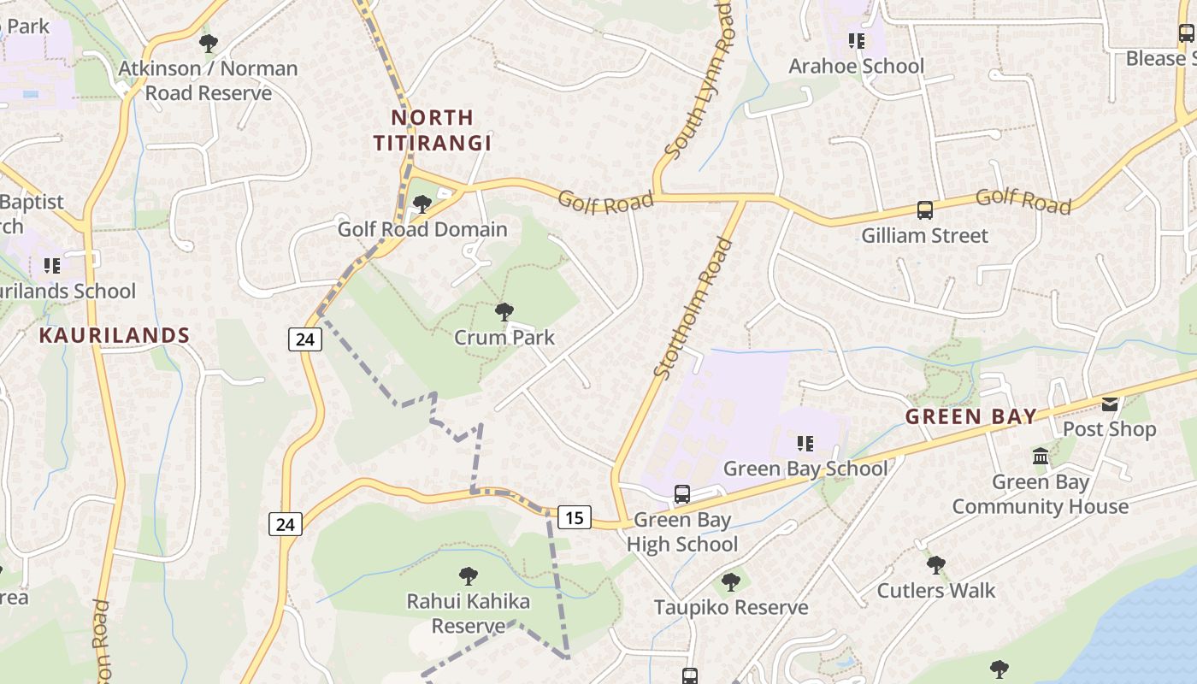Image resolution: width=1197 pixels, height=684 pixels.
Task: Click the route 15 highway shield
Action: coord(575,517)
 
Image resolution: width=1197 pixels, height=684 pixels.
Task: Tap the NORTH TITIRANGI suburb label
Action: coord(433,130)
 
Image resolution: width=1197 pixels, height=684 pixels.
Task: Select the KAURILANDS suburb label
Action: coord(114,335)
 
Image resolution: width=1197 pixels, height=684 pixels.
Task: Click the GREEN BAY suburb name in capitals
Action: coord(970,417)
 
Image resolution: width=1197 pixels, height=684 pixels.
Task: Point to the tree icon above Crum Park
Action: coord(504,312)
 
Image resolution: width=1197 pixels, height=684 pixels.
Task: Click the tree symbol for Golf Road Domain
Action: coord(422,203)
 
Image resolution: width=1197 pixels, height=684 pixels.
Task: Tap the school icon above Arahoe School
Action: coord(856,41)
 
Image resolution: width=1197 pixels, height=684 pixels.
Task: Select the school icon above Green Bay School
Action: coord(805,443)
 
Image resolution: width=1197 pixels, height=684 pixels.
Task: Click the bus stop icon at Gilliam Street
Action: coord(924,209)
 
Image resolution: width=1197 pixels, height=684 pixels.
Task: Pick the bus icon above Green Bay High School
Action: coord(681,494)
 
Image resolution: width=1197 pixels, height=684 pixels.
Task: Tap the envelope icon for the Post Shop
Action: coord(1109,404)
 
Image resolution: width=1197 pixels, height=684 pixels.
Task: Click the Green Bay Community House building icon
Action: coord(1041,457)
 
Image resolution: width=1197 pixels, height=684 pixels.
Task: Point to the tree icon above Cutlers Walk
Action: coord(936,565)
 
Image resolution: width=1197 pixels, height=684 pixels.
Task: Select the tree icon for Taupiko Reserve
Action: coord(730,582)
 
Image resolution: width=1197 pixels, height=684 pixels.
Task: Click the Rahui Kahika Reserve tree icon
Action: coord(468,576)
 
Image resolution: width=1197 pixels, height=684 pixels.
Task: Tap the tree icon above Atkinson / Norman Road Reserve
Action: coord(208,43)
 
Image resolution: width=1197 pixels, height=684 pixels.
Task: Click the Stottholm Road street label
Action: coord(694,308)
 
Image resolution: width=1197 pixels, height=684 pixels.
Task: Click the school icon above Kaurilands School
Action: coord(52,266)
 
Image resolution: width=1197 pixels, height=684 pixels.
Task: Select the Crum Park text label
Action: coord(504,338)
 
